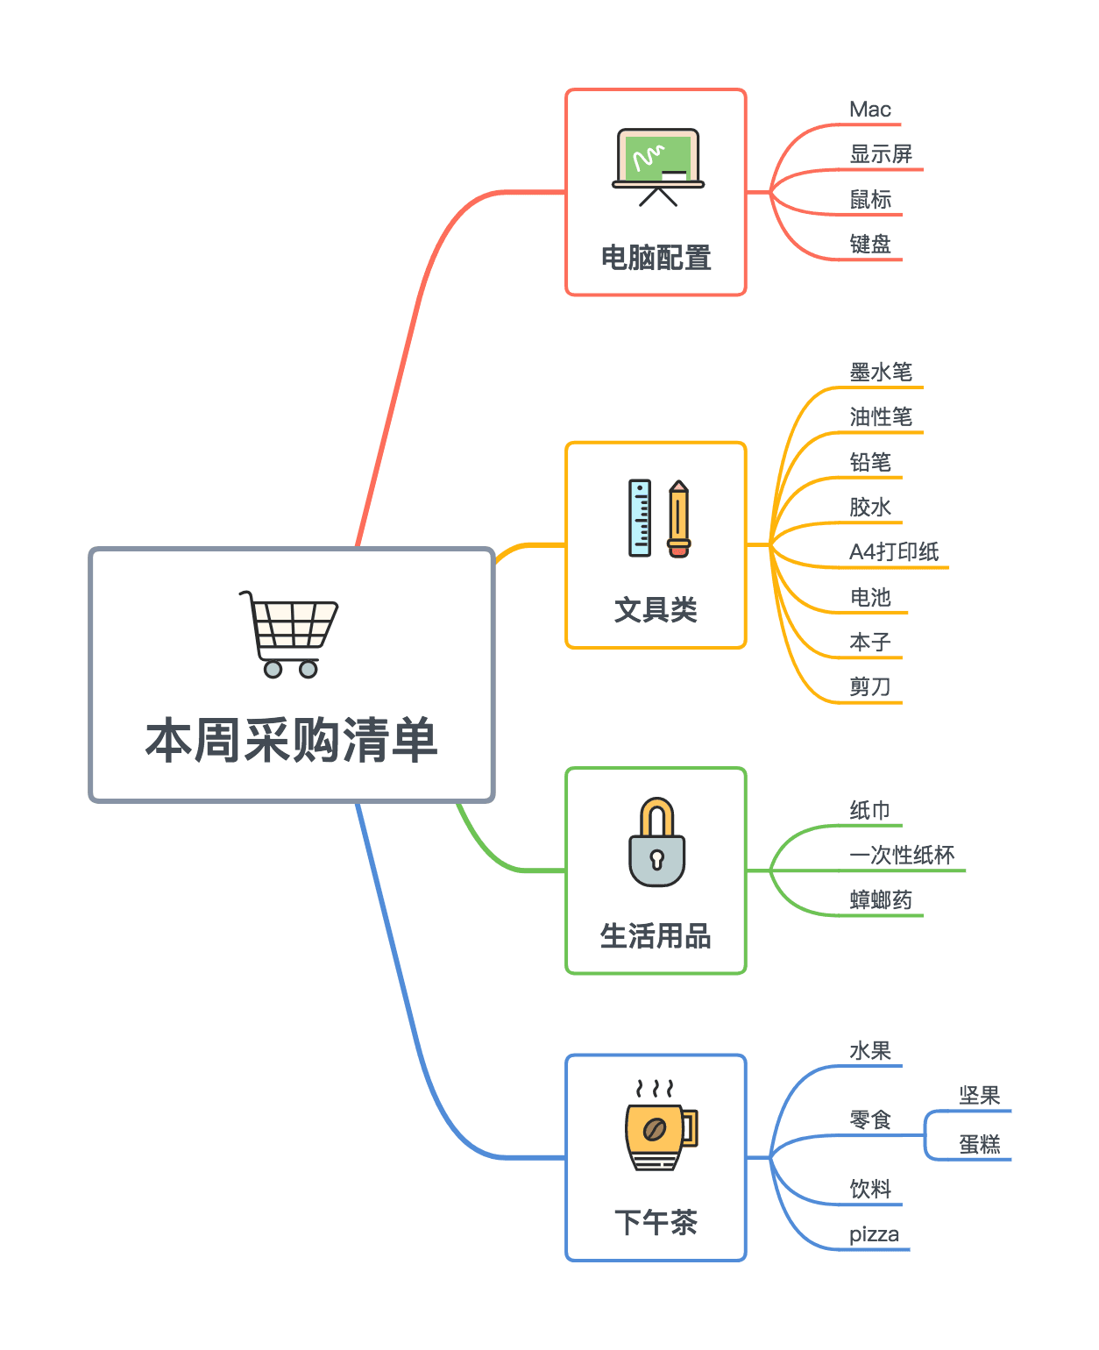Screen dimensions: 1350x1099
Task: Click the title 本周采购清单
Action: coord(291,741)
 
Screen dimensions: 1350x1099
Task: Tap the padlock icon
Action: coord(656,842)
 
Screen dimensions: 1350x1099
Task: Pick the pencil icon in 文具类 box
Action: coord(678,518)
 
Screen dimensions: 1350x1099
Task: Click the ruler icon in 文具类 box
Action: coord(640,518)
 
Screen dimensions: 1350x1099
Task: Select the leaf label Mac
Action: coord(869,110)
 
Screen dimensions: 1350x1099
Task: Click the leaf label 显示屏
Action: coord(881,154)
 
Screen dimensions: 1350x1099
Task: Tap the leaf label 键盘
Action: coord(869,244)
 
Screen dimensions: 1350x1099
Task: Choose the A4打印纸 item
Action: coord(893,551)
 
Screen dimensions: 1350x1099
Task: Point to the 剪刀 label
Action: coord(869,686)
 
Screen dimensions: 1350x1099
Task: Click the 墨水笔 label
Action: coord(881,373)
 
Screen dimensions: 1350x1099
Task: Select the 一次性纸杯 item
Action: coord(902,855)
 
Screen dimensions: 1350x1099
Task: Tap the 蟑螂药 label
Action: coord(881,900)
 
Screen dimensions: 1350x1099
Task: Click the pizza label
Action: coord(874,1234)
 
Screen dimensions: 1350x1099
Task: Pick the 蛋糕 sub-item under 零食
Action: coord(979,1144)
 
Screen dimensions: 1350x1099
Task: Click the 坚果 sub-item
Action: coord(979,1096)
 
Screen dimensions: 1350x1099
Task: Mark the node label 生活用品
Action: coord(656,936)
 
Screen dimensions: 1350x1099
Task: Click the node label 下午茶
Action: coord(656,1222)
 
